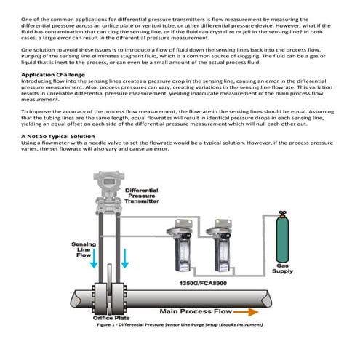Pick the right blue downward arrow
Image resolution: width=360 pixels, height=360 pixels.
124,258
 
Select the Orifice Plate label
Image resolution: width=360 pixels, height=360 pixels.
111,318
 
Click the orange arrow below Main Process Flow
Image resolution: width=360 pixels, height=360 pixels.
241,311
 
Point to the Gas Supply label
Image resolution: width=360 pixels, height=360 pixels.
283,271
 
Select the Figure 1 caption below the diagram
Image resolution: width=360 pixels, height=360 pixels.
180,324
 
